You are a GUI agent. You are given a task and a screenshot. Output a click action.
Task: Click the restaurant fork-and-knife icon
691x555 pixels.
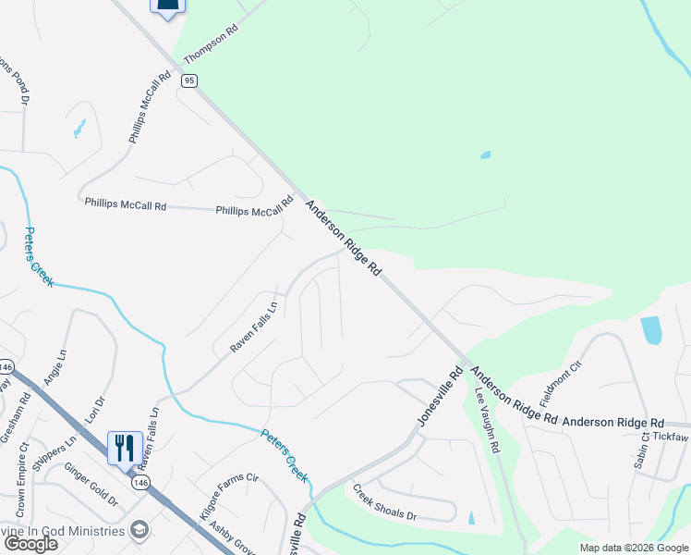click(125, 448)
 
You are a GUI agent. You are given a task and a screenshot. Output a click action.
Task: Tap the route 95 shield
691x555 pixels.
click(189, 81)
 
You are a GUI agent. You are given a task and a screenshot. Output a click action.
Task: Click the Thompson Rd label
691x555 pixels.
click(212, 44)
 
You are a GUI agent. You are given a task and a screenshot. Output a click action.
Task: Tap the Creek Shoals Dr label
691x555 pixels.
click(385, 501)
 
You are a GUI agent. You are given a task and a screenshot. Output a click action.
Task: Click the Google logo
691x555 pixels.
click(30, 544)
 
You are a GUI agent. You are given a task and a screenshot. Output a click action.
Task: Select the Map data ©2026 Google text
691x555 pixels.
click(633, 548)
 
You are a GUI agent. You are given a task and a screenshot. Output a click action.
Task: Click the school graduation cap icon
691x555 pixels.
click(139, 530)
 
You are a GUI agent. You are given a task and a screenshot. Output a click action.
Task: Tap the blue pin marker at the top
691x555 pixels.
click(167, 8)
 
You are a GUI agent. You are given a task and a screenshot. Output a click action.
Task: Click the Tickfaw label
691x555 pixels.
click(671, 436)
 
